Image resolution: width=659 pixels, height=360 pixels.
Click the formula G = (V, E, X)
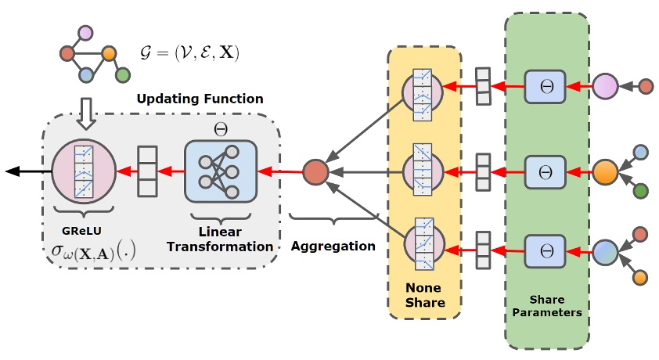(x=184, y=52)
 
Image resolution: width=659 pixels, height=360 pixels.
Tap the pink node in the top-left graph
(x=85, y=33)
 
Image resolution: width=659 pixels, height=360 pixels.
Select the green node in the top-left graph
(x=122, y=75)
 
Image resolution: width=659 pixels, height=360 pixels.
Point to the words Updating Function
(x=200, y=99)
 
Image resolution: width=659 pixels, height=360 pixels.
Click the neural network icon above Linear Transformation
(x=221, y=171)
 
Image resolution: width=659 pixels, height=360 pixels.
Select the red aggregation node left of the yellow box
(x=315, y=171)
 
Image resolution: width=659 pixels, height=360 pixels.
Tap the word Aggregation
(x=333, y=245)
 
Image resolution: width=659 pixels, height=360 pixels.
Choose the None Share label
(x=424, y=296)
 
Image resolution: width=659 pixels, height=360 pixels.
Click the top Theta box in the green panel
(x=546, y=86)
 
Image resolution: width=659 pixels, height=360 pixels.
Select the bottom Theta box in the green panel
(x=546, y=254)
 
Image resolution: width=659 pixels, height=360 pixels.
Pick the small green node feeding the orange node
(x=641, y=189)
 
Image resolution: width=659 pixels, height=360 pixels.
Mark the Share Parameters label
(x=547, y=306)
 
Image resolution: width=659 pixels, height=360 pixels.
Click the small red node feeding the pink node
(x=646, y=86)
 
